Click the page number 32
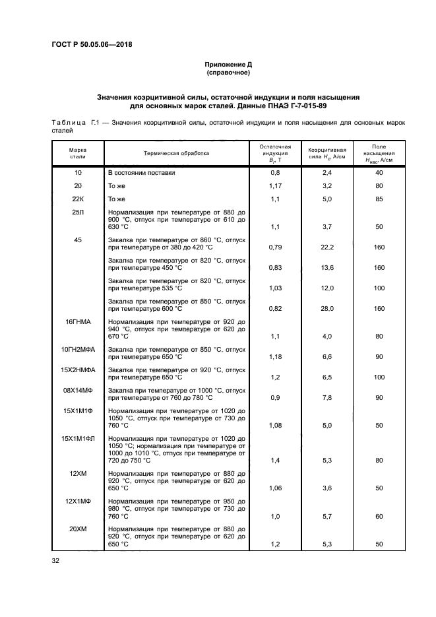(56, 561)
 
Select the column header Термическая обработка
(176, 153)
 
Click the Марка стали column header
(78, 153)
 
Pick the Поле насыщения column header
(379, 153)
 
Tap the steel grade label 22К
(78, 199)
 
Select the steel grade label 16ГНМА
(78, 321)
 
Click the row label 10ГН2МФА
(78, 349)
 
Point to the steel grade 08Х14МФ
(78, 391)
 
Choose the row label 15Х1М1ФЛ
(78, 438)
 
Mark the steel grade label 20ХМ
(78, 529)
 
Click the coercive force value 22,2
(327, 247)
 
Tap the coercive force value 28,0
(327, 308)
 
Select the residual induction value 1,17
(275, 185)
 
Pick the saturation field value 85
(379, 199)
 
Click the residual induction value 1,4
(275, 460)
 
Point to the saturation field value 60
(379, 517)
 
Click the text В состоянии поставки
(141, 172)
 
